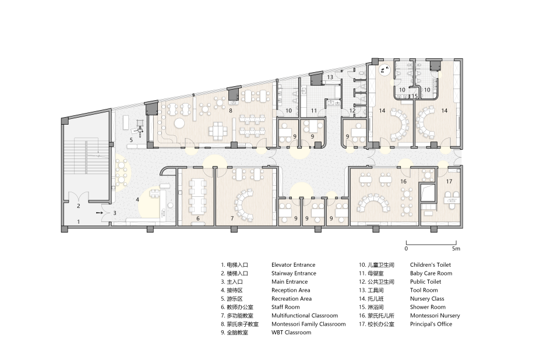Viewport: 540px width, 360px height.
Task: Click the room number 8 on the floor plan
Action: point(231,111)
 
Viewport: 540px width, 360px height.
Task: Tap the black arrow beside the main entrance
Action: point(100,213)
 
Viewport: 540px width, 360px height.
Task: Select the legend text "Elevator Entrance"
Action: point(294,265)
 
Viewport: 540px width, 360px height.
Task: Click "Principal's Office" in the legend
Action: point(431,324)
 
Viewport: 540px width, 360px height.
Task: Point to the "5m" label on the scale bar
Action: point(456,248)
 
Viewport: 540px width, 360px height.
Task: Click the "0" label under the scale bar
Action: point(406,248)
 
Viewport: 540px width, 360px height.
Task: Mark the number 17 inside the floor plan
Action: point(449,181)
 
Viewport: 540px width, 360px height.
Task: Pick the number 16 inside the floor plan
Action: point(403,181)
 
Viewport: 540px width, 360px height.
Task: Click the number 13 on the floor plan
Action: point(330,77)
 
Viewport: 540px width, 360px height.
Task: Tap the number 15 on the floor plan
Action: point(414,96)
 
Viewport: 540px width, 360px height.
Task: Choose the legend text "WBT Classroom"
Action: point(291,333)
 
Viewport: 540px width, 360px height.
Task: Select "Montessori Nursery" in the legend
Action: point(435,316)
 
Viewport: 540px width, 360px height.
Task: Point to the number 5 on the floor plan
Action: point(131,140)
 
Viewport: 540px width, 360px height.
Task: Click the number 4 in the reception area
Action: point(137,199)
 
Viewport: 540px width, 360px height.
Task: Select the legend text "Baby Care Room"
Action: point(431,273)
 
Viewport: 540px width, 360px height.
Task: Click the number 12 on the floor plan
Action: point(352,111)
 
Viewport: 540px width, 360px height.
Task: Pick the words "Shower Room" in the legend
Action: point(428,307)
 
